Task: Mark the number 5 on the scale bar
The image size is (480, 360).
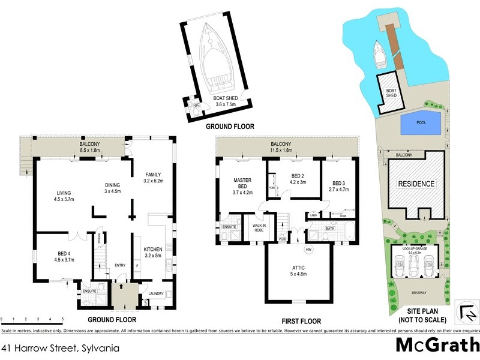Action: pos(62,319)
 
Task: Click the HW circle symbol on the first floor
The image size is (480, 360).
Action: pos(308,249)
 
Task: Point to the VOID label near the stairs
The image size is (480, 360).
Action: pos(283,239)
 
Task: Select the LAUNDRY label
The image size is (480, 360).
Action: pos(155,294)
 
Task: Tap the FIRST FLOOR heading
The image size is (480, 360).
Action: pos(295,321)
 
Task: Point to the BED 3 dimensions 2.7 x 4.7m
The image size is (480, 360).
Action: pos(339,190)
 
